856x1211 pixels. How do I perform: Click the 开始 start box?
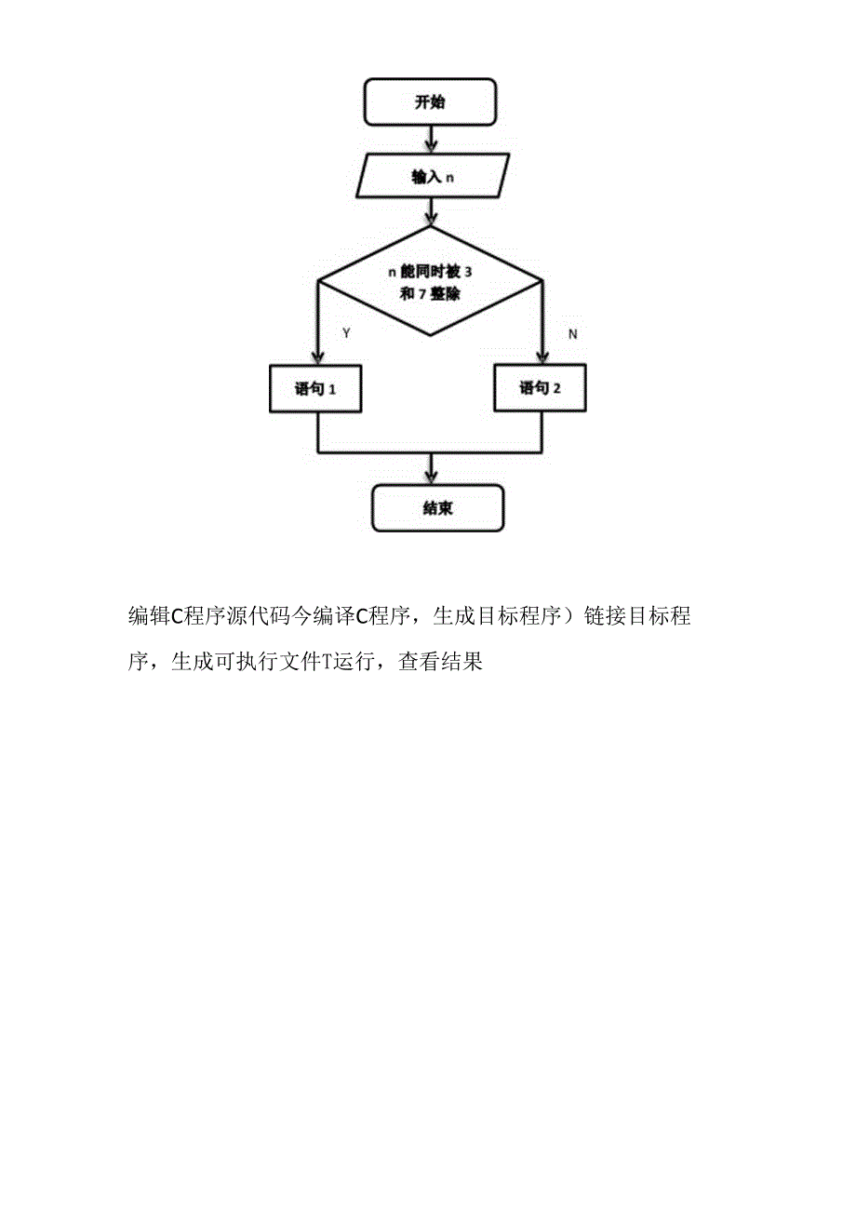click(430, 102)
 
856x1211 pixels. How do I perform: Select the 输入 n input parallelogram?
click(433, 177)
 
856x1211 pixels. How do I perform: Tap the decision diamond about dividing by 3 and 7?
click(430, 281)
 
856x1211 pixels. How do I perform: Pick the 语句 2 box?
click(540, 388)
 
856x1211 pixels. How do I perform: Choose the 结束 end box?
click(437, 509)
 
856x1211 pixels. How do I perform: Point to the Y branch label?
click(347, 333)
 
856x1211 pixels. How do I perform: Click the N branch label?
click(572, 333)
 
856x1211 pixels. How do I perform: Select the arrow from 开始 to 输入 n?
click(431, 140)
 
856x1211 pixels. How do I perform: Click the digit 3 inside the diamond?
click(467, 272)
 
